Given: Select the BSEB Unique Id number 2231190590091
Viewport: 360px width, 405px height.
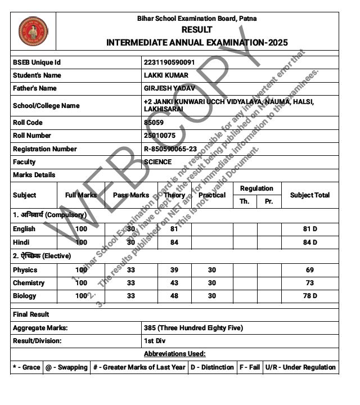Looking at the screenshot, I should click(169, 62).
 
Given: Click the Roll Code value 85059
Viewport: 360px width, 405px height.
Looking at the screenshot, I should click(154, 123).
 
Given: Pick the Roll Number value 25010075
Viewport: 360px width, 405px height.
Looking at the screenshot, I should click(160, 136).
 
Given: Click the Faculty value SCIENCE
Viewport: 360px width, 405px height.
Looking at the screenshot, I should click(158, 162).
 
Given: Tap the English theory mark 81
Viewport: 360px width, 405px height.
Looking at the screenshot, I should click(174, 229).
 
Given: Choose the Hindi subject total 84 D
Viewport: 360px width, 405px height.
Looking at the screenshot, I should click(310, 242).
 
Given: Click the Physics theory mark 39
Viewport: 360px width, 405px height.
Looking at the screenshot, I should click(174, 270).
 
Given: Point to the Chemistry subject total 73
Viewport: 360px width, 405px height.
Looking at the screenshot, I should click(310, 283).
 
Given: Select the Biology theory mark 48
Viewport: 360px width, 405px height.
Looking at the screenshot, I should click(174, 296).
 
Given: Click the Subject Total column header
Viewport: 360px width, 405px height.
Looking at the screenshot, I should click(310, 195).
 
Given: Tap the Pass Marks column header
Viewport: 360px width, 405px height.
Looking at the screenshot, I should click(131, 195).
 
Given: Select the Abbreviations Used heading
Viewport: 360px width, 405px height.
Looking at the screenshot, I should click(174, 354).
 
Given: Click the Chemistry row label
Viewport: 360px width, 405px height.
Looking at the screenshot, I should click(29, 283).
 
